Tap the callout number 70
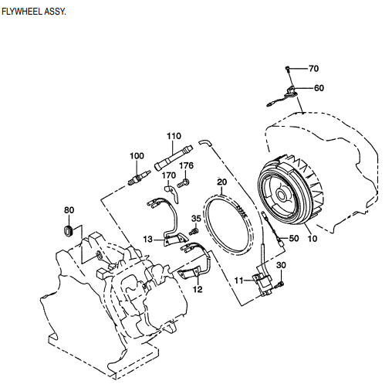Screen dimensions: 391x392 (x=313, y=69)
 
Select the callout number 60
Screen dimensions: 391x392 (x=319, y=87)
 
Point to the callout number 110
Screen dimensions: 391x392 (x=174, y=136)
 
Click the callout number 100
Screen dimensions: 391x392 (x=137, y=156)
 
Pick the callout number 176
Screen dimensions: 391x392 (x=187, y=165)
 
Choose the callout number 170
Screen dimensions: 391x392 (x=169, y=175)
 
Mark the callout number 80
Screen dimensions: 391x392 (x=69, y=209)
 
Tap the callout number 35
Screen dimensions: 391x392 (x=196, y=219)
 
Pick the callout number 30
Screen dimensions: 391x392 (x=281, y=266)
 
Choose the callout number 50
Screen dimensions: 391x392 (x=293, y=239)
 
